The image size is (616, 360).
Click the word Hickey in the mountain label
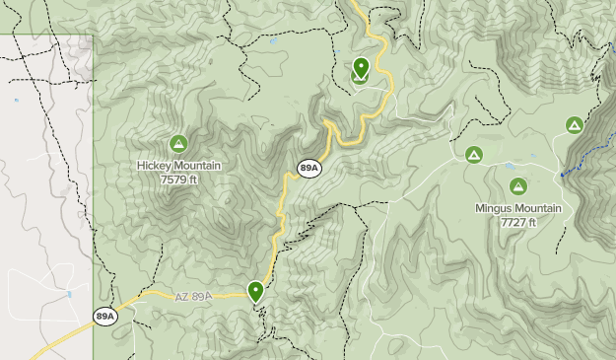click(155, 166)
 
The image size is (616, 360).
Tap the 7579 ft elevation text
click(178, 180)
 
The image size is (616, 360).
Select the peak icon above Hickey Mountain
click(178, 144)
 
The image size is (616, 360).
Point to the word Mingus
click(495, 208)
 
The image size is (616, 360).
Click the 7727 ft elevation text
click(517, 222)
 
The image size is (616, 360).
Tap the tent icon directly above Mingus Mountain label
click(518, 186)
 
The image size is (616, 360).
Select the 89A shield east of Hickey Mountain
click(308, 169)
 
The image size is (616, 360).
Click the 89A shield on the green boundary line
click(105, 316)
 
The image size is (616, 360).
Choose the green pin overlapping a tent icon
click(361, 68)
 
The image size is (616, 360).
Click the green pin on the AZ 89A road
click(256, 290)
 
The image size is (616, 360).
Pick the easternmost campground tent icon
click(575, 125)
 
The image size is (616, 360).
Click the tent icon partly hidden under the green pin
click(357, 77)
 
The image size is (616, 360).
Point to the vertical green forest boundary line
click(94, 197)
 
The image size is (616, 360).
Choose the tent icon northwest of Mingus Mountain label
click(473, 155)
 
